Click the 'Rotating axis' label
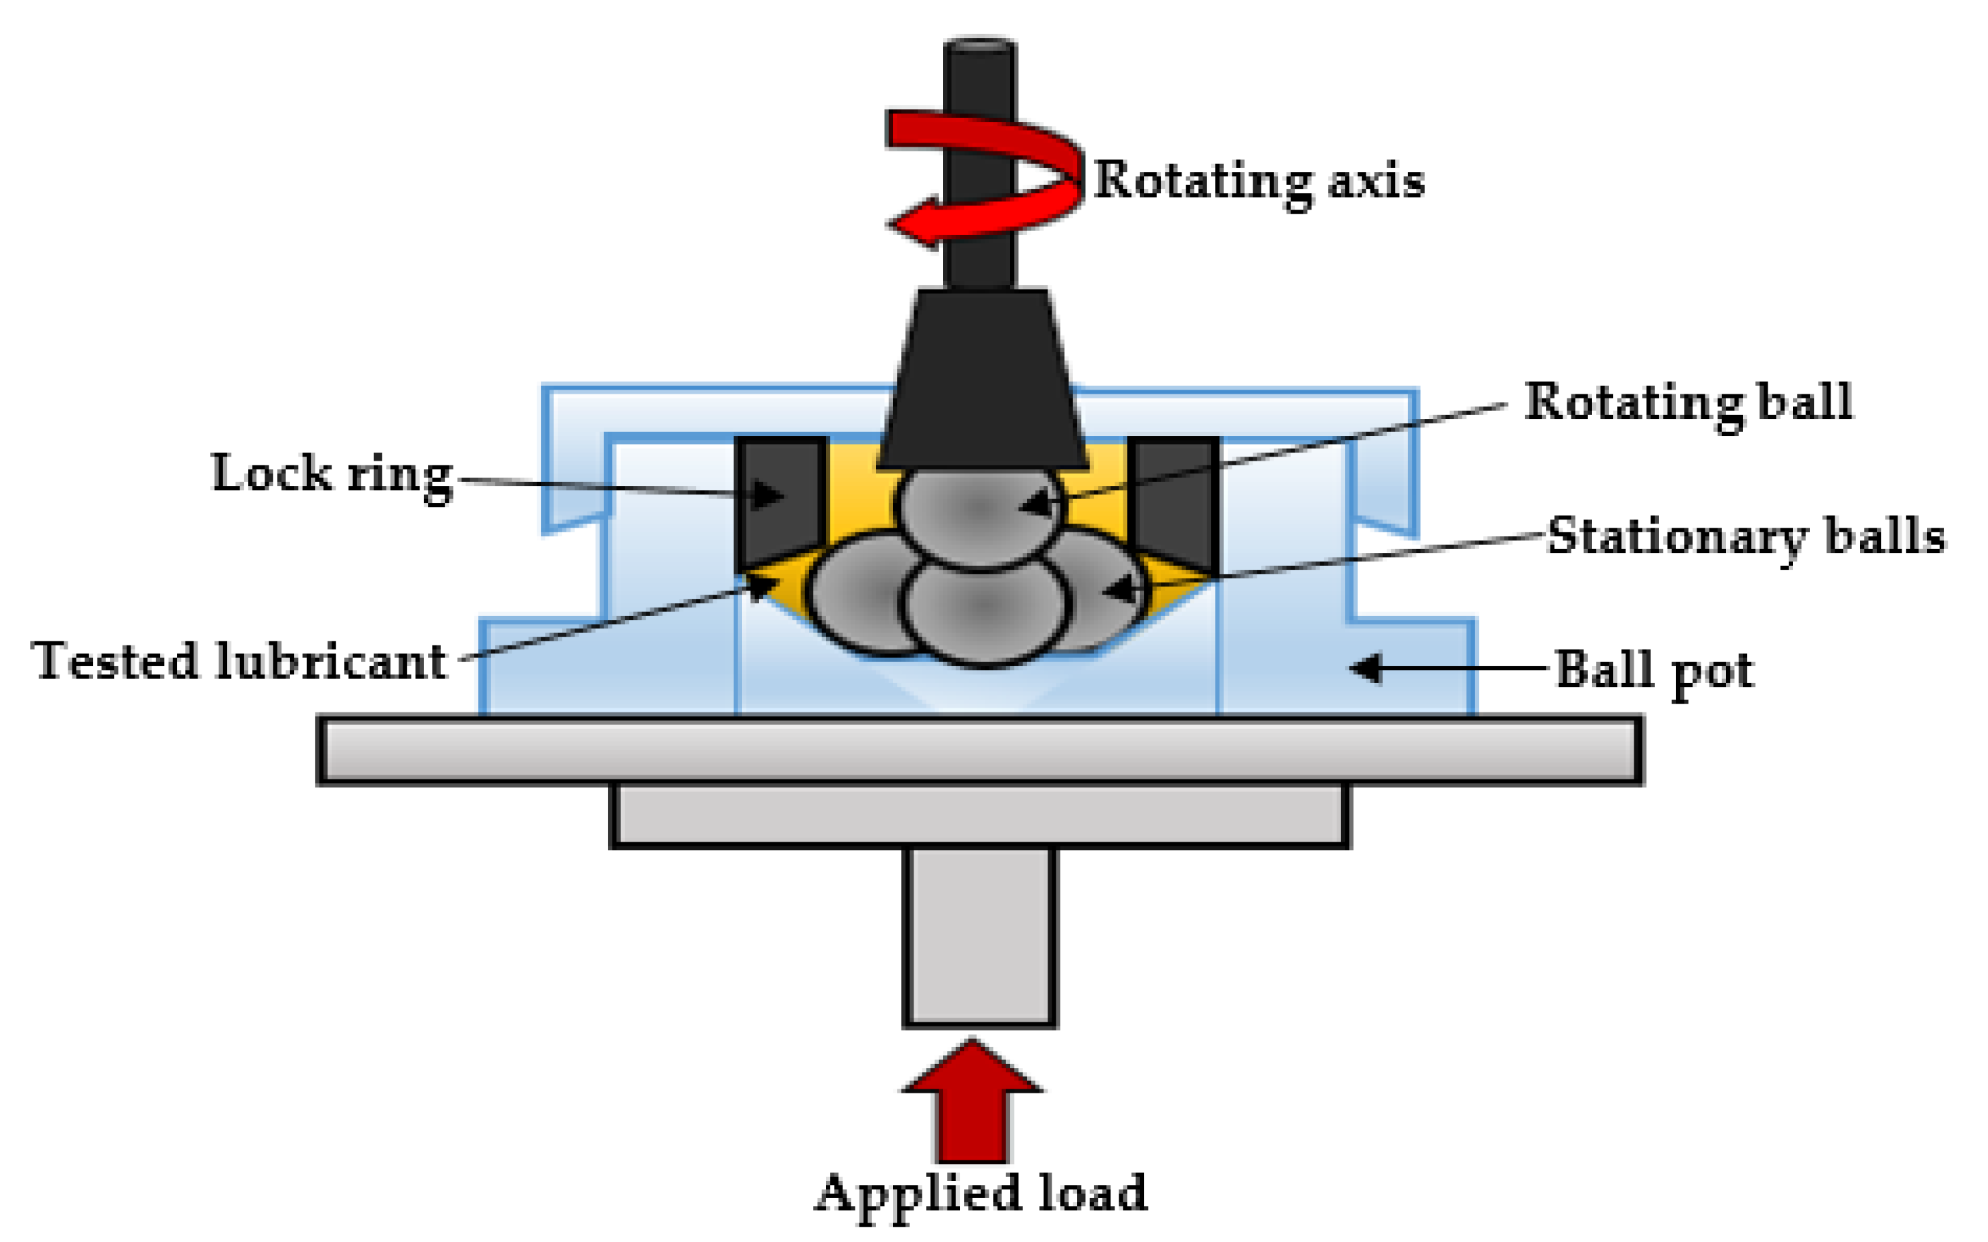tap(1259, 181)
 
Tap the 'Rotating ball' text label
tap(1687, 402)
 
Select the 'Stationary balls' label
tap(1745, 537)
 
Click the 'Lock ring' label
tap(332, 475)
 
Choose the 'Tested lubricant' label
tap(238, 662)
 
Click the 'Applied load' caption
tap(979, 1192)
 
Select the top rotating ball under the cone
tap(979, 510)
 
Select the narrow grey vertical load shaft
tap(979, 937)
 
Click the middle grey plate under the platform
tap(979, 815)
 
